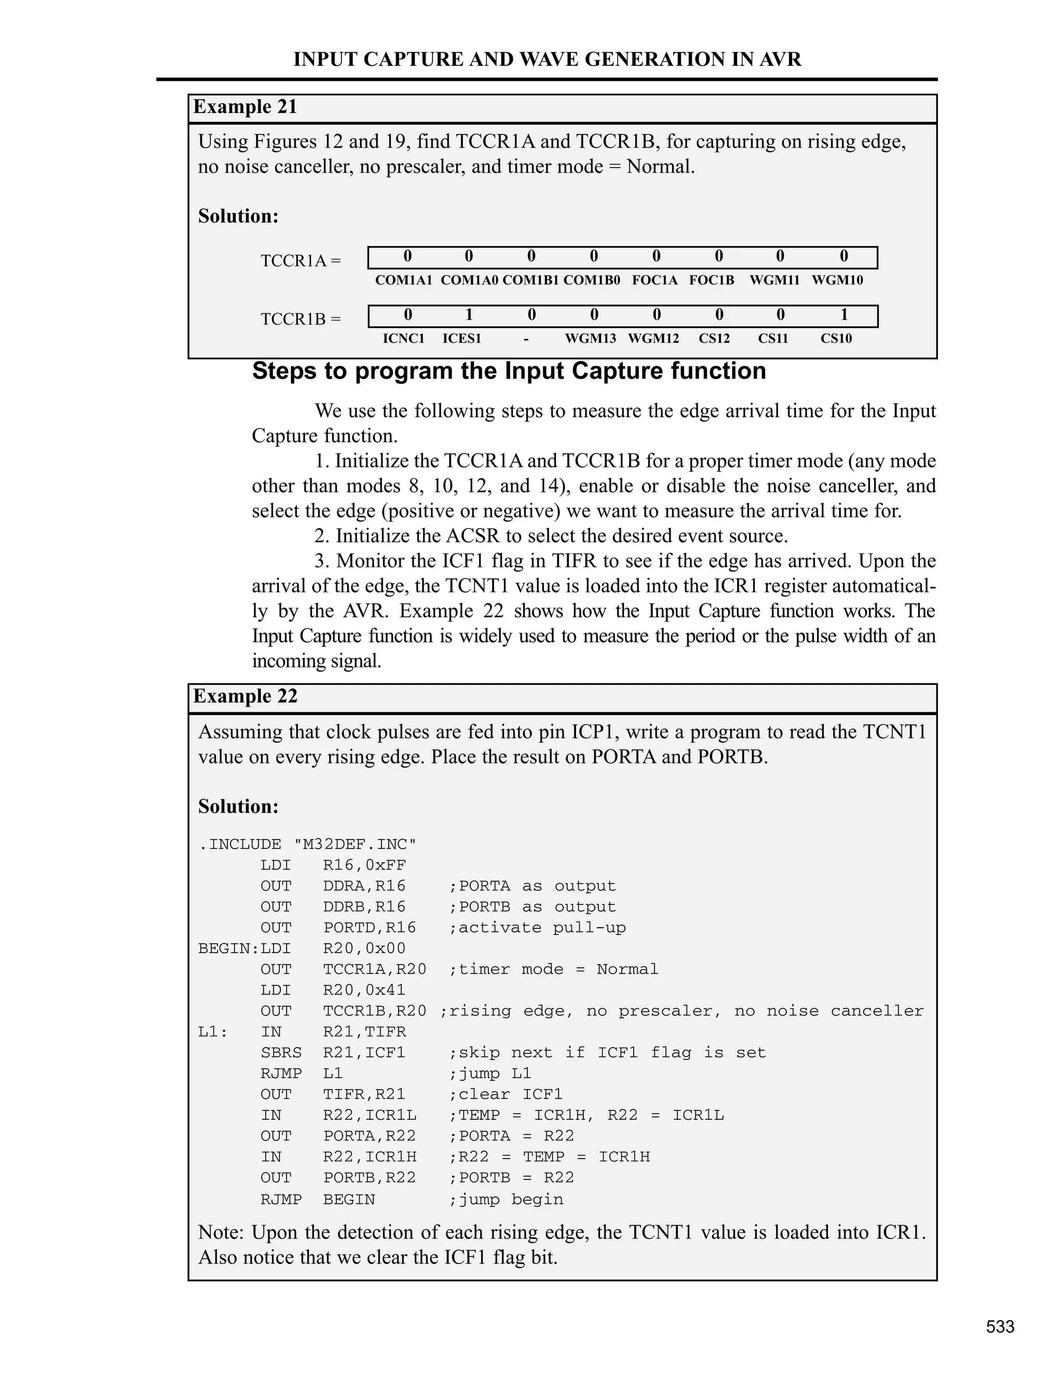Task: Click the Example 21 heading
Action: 245,107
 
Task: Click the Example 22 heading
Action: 245,696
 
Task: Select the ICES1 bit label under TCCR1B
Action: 461,339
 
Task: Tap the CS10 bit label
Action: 836,339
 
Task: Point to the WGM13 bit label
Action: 590,339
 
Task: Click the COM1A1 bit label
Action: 404,280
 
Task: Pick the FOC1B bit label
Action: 712,280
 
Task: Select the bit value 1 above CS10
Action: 844,315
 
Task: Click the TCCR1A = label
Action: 301,260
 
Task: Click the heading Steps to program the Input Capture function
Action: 509,371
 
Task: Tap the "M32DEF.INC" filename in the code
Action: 355,844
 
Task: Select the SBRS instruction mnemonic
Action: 281,1053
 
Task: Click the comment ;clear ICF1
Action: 506,1094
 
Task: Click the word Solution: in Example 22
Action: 238,806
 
